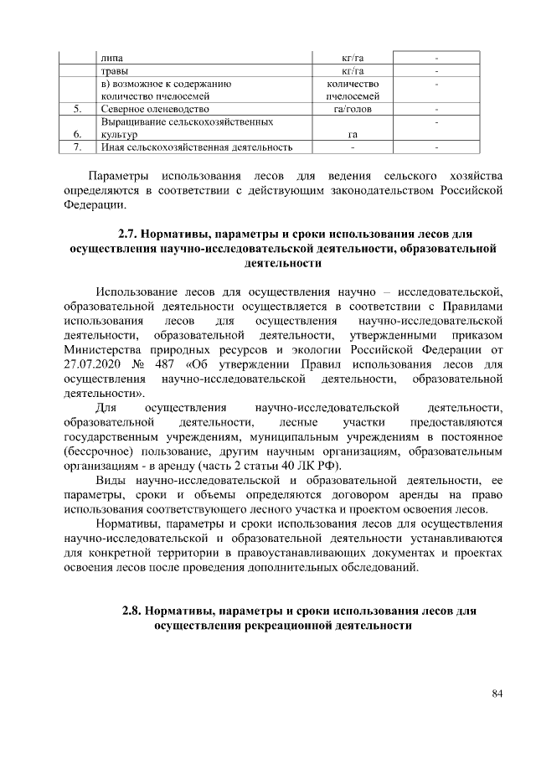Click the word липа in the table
[110, 59]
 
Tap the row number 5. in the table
[77, 109]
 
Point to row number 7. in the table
[77, 147]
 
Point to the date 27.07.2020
[95, 364]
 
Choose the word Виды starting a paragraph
[111, 481]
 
